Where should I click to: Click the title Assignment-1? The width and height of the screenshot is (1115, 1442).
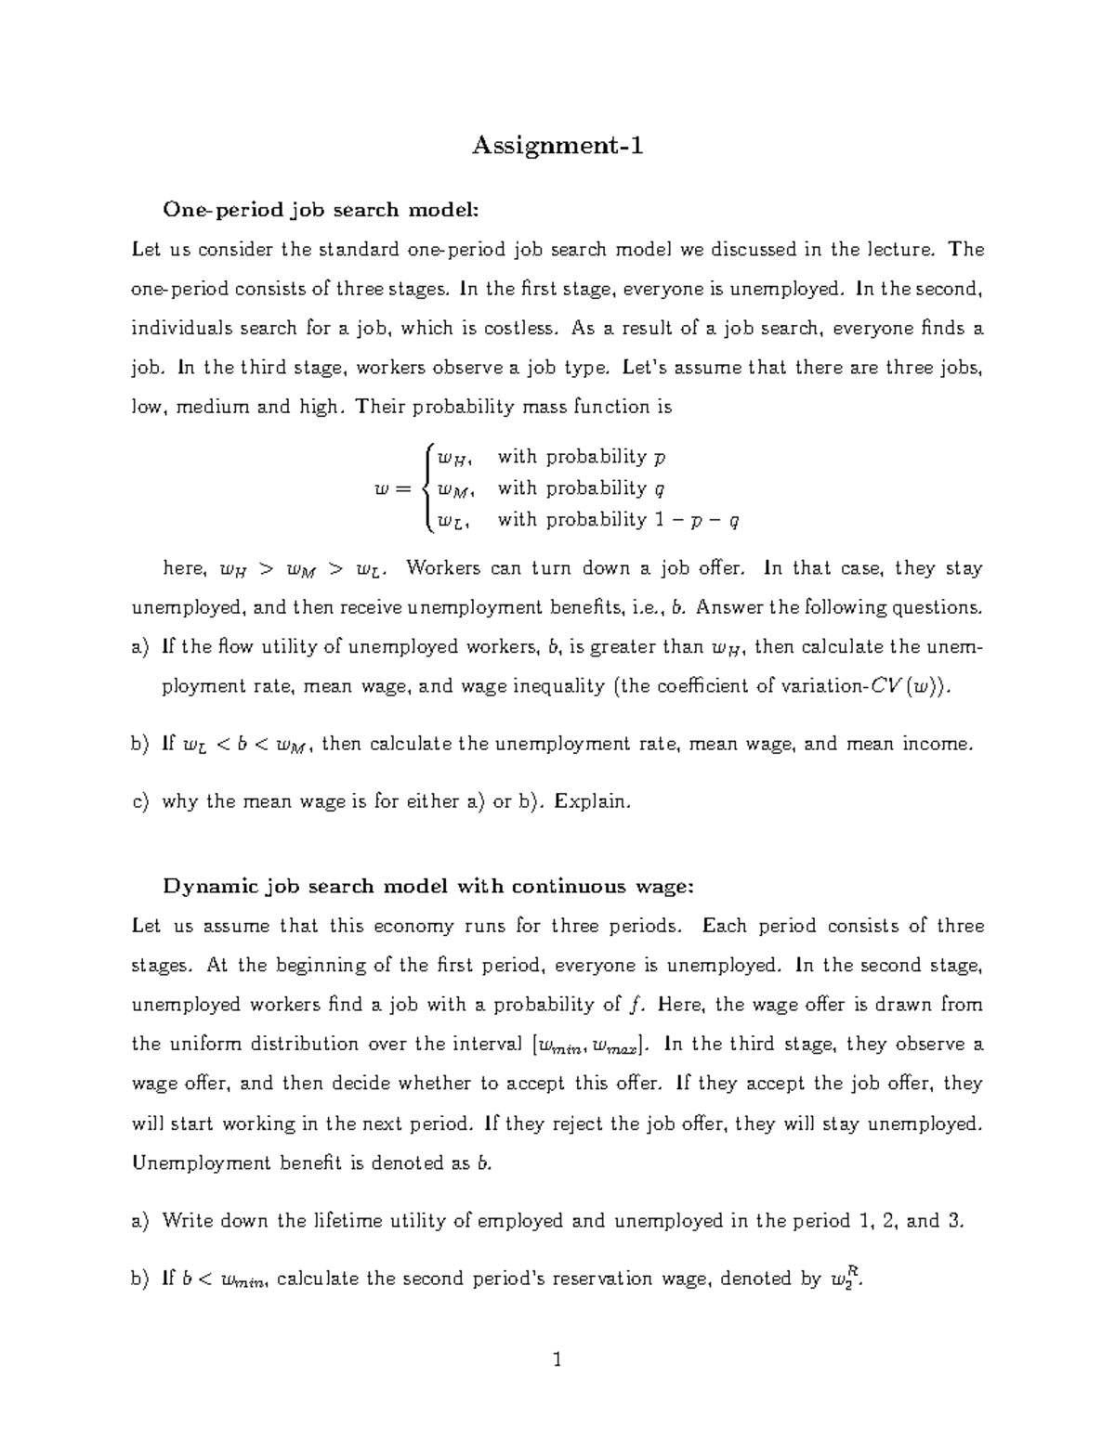point(557,146)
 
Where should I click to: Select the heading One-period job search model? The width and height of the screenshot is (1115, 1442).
point(321,209)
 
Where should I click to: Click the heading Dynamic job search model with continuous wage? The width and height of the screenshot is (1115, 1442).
point(428,886)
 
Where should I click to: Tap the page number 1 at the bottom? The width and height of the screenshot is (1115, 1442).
point(557,1360)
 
